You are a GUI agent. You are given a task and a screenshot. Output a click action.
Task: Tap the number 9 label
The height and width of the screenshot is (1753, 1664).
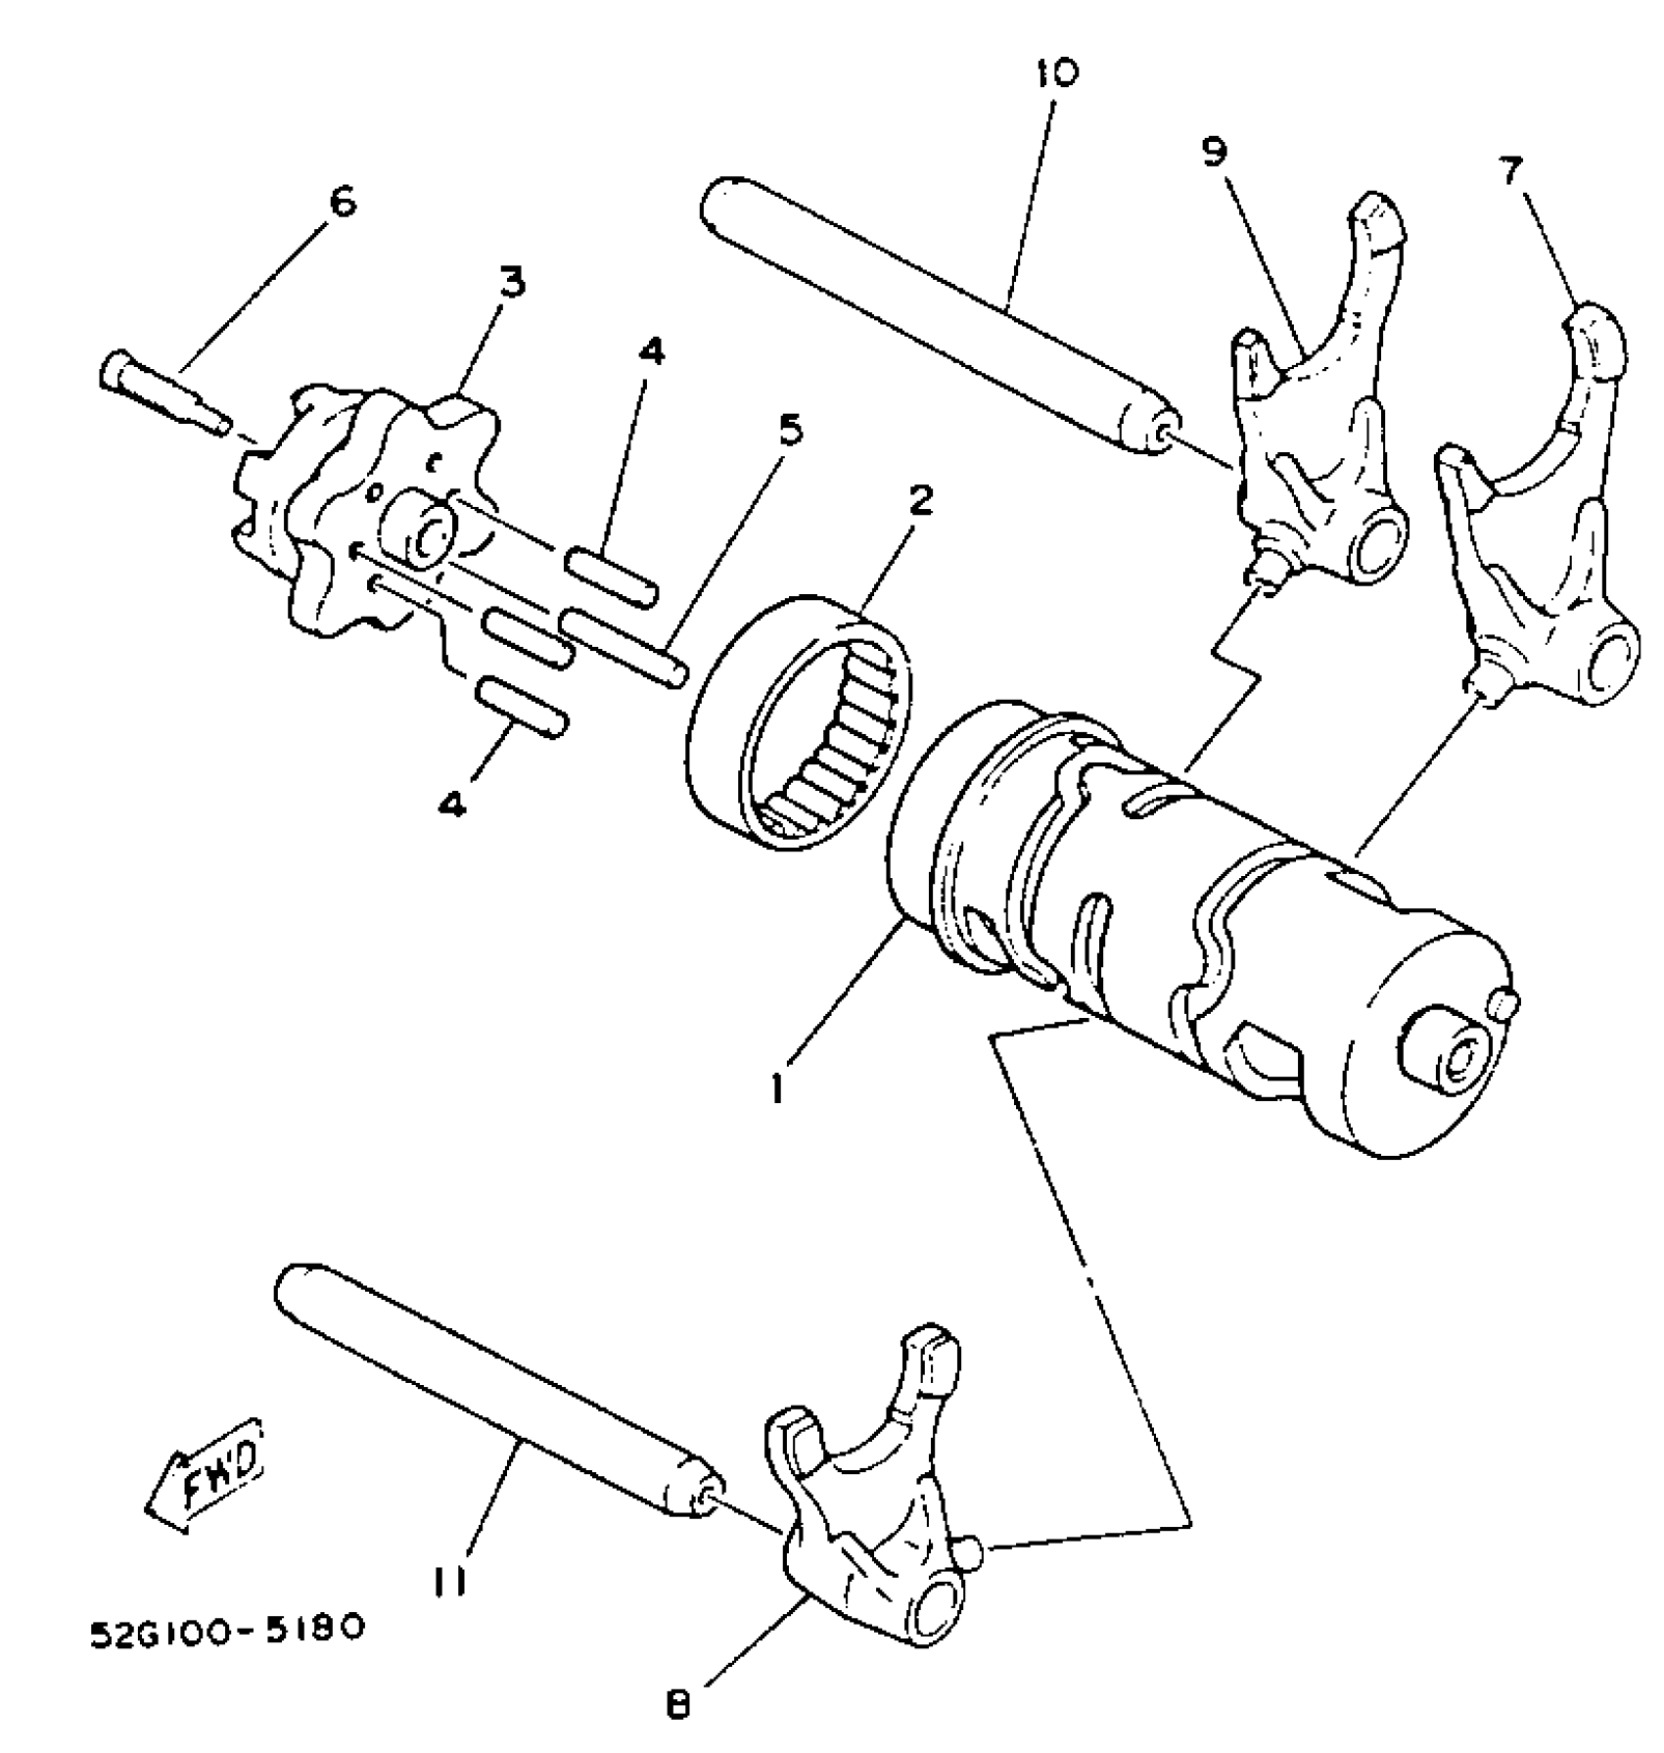coord(1214,154)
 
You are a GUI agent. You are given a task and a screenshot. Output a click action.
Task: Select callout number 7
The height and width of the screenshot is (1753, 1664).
coord(1509,172)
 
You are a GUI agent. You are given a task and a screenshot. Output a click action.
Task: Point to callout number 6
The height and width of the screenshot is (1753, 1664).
coord(343,203)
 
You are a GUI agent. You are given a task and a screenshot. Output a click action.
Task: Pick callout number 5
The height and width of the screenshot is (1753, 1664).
coord(789,429)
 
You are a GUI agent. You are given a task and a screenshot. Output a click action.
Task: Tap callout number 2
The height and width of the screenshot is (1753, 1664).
coord(920,500)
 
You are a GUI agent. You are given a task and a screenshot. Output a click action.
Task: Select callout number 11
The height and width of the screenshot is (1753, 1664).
coord(450,1579)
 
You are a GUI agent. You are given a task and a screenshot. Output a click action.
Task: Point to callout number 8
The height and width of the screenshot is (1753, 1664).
coord(677,1705)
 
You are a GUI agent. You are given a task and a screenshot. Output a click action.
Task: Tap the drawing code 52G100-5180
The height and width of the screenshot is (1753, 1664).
coord(227,1631)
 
